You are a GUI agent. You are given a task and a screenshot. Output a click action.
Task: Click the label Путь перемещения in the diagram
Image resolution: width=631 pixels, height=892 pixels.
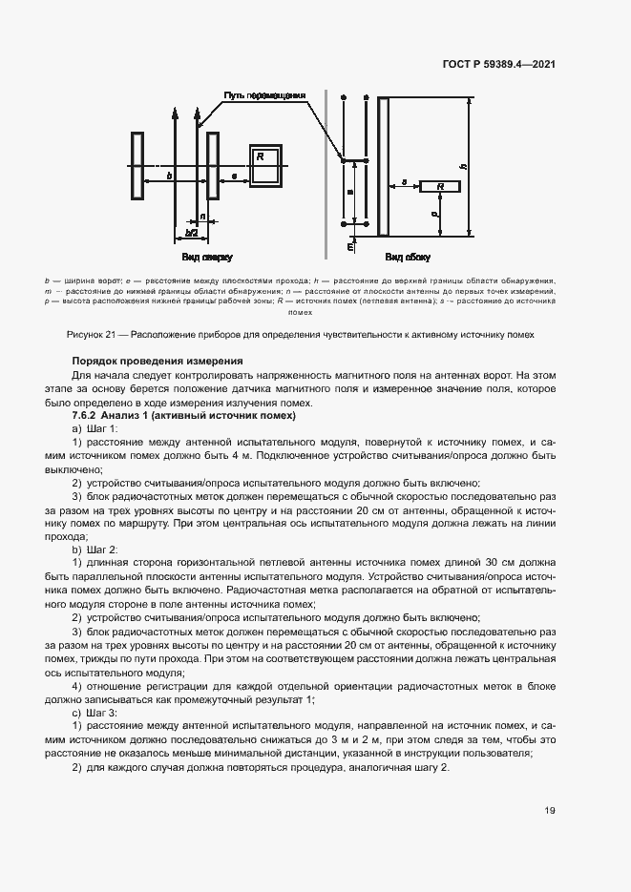[264, 95]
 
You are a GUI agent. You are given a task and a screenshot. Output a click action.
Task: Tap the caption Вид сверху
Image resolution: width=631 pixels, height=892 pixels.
[206, 258]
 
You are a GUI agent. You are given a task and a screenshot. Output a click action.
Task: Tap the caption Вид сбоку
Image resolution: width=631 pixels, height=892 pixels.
[408, 258]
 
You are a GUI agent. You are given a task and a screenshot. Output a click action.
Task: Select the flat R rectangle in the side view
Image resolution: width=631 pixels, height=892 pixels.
[440, 186]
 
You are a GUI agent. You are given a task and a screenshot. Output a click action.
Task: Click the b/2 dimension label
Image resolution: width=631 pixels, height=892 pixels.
[191, 232]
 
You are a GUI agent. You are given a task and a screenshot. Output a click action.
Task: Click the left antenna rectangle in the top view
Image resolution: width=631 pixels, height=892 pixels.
[137, 166]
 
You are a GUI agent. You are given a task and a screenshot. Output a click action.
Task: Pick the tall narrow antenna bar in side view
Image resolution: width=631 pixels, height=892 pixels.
[383, 166]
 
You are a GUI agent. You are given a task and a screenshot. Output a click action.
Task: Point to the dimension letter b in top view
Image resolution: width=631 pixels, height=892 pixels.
[169, 176]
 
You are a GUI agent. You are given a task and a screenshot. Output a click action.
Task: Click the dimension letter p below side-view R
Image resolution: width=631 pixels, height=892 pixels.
[433, 216]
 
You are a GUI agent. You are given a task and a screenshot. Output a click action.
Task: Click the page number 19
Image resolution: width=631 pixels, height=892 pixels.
[550, 811]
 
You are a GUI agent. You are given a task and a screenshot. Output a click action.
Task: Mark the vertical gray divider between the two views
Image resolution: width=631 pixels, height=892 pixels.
[326, 172]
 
